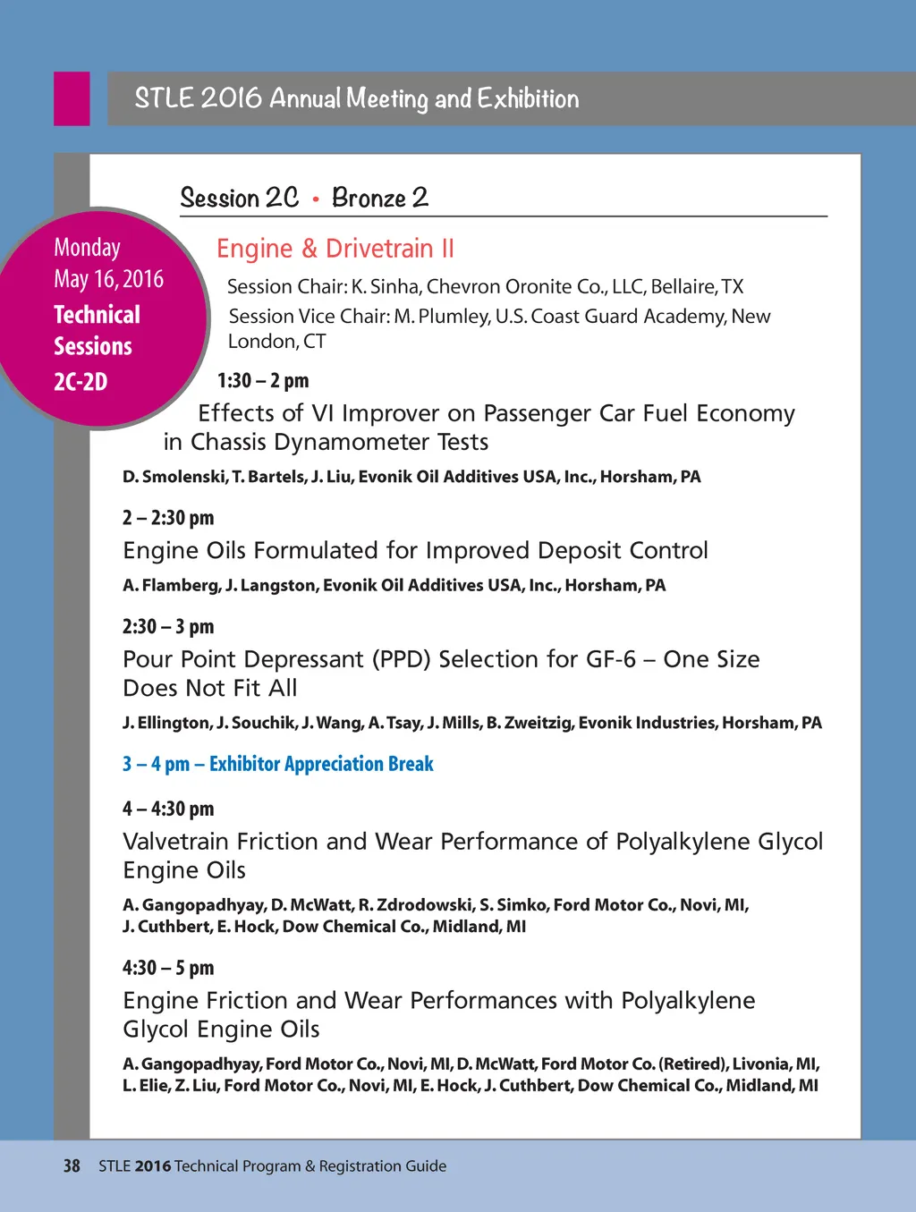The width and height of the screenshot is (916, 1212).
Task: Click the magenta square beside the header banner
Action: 72,98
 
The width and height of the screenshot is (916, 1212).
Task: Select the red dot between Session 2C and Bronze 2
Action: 316,199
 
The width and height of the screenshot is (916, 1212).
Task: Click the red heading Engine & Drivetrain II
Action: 335,249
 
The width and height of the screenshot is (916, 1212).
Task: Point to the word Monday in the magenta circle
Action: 87,248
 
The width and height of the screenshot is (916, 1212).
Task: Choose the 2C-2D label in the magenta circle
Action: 81,382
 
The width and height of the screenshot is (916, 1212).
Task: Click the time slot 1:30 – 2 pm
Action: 263,381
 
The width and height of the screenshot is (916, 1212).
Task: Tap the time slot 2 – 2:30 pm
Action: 168,518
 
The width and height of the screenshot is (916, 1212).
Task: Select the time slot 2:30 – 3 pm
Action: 168,627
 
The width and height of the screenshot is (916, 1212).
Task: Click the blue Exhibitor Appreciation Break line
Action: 278,764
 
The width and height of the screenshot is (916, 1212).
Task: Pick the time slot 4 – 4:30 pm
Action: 168,809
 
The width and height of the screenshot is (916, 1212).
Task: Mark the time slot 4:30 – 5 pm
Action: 168,968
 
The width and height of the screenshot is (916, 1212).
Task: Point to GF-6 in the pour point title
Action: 611,660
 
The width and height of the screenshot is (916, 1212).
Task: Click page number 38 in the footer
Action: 72,1166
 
